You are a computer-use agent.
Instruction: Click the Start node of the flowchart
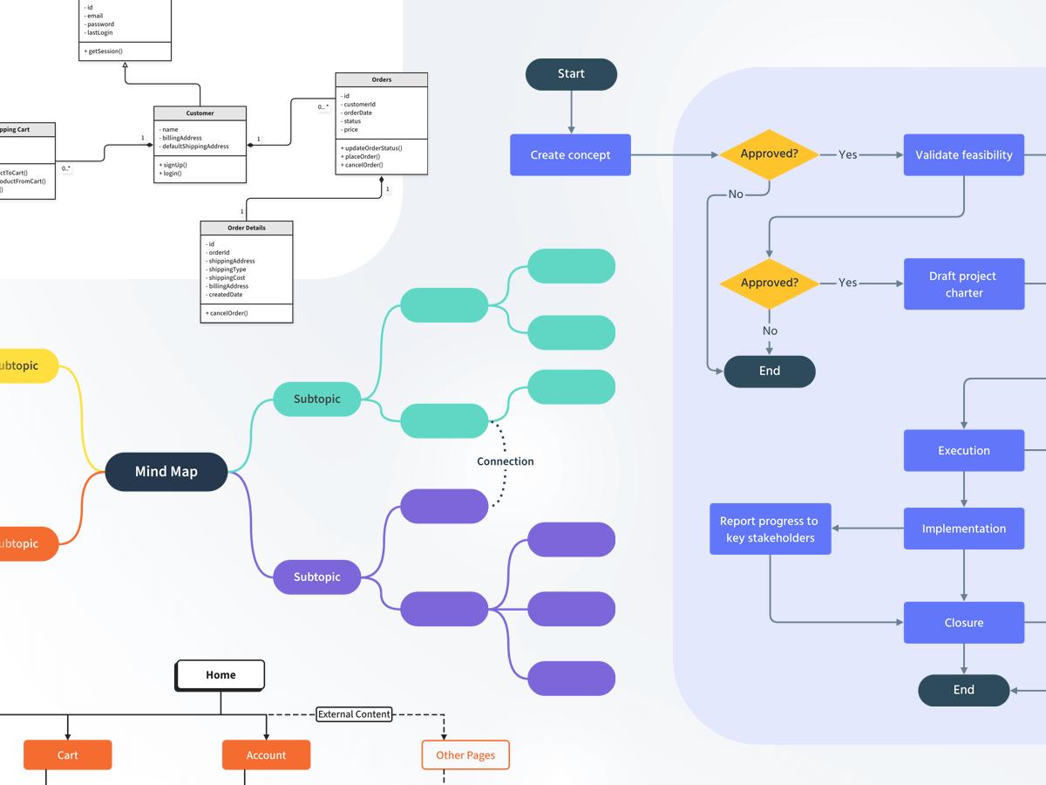[x=571, y=74]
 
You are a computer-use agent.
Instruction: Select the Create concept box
[x=571, y=155]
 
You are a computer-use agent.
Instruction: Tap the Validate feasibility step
[x=963, y=155]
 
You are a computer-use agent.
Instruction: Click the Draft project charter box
[x=963, y=283]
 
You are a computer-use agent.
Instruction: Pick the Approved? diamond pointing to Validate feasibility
[x=769, y=154]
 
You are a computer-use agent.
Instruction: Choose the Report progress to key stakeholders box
[x=770, y=529]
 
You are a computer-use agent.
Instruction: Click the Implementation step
[x=963, y=529]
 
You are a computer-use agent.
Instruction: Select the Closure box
[x=963, y=623]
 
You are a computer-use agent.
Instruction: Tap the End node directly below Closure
[x=963, y=690]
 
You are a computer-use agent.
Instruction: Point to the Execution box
[x=963, y=451]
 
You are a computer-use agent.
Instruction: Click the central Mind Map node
[x=166, y=472]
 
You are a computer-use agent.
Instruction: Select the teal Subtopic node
[x=316, y=399]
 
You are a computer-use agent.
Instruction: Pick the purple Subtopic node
[x=316, y=577]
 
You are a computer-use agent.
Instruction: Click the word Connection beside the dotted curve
[x=505, y=461]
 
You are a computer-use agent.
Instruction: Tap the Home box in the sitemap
[x=221, y=675]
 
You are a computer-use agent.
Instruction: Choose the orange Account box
[x=266, y=755]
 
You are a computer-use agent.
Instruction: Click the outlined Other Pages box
[x=465, y=755]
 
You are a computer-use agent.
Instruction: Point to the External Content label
[x=354, y=714]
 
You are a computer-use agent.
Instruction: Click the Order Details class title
[x=247, y=229]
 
